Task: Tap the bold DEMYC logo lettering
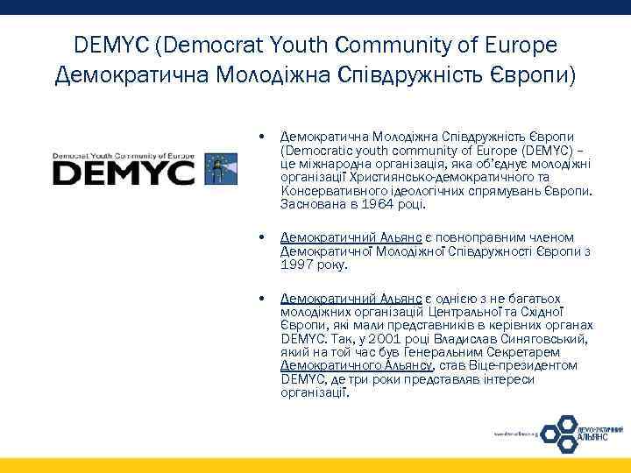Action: [x=124, y=171]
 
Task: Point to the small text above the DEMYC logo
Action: [x=124, y=150]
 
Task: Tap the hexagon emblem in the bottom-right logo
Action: [x=557, y=431]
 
